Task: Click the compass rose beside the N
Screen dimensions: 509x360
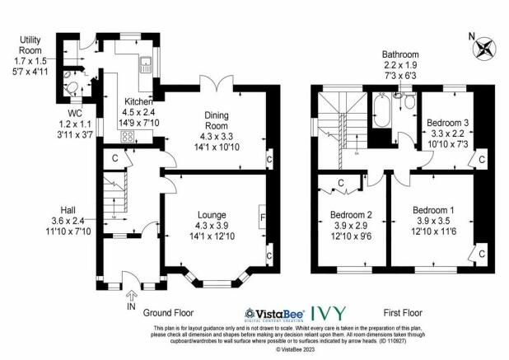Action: [x=484, y=49]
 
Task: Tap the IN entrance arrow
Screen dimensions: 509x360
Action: [x=131, y=295]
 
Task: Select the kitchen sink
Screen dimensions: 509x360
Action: [x=146, y=64]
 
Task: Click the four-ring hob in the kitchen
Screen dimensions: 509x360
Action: [x=127, y=137]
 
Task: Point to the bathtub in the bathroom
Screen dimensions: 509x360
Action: [x=381, y=110]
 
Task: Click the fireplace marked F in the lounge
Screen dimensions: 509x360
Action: [x=262, y=217]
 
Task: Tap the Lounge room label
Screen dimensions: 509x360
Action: [x=212, y=215]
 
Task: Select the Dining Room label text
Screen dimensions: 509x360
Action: [x=217, y=120]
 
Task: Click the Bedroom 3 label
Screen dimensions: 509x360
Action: [x=448, y=123]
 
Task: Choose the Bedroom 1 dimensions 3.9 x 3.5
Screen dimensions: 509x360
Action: [x=433, y=221]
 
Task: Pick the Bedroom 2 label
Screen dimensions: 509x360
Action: [x=351, y=214]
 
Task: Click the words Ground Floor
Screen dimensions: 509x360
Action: [x=168, y=313]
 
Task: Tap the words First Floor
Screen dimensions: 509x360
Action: [x=403, y=313]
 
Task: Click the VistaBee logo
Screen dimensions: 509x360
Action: [x=274, y=315]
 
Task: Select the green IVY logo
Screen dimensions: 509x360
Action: [x=328, y=313]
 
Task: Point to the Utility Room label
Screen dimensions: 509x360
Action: [x=30, y=45]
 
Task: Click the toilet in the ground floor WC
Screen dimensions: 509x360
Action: [x=72, y=88]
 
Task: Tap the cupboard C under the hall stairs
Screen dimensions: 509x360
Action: [x=114, y=159]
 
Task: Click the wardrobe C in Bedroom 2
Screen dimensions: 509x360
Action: [x=340, y=183]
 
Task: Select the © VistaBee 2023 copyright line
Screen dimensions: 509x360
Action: [x=295, y=349]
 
